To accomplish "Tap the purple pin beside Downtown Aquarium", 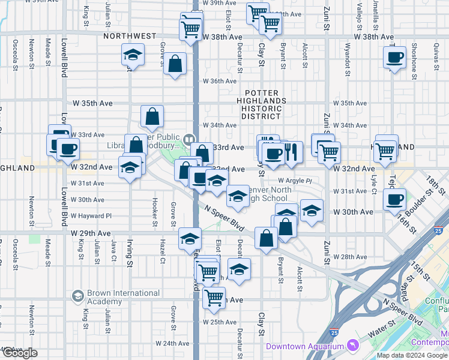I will coord(353,346).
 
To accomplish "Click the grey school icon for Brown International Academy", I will coord(76,296).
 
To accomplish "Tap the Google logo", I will coord(20,353).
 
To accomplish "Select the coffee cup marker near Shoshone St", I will coord(394,58).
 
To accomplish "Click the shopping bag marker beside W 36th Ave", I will coord(175,64).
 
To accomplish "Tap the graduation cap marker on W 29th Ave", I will coord(190,238).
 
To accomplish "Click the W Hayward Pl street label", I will coord(91,215).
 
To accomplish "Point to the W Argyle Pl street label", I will coord(295,180).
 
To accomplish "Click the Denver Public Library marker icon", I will coord(189,139).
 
